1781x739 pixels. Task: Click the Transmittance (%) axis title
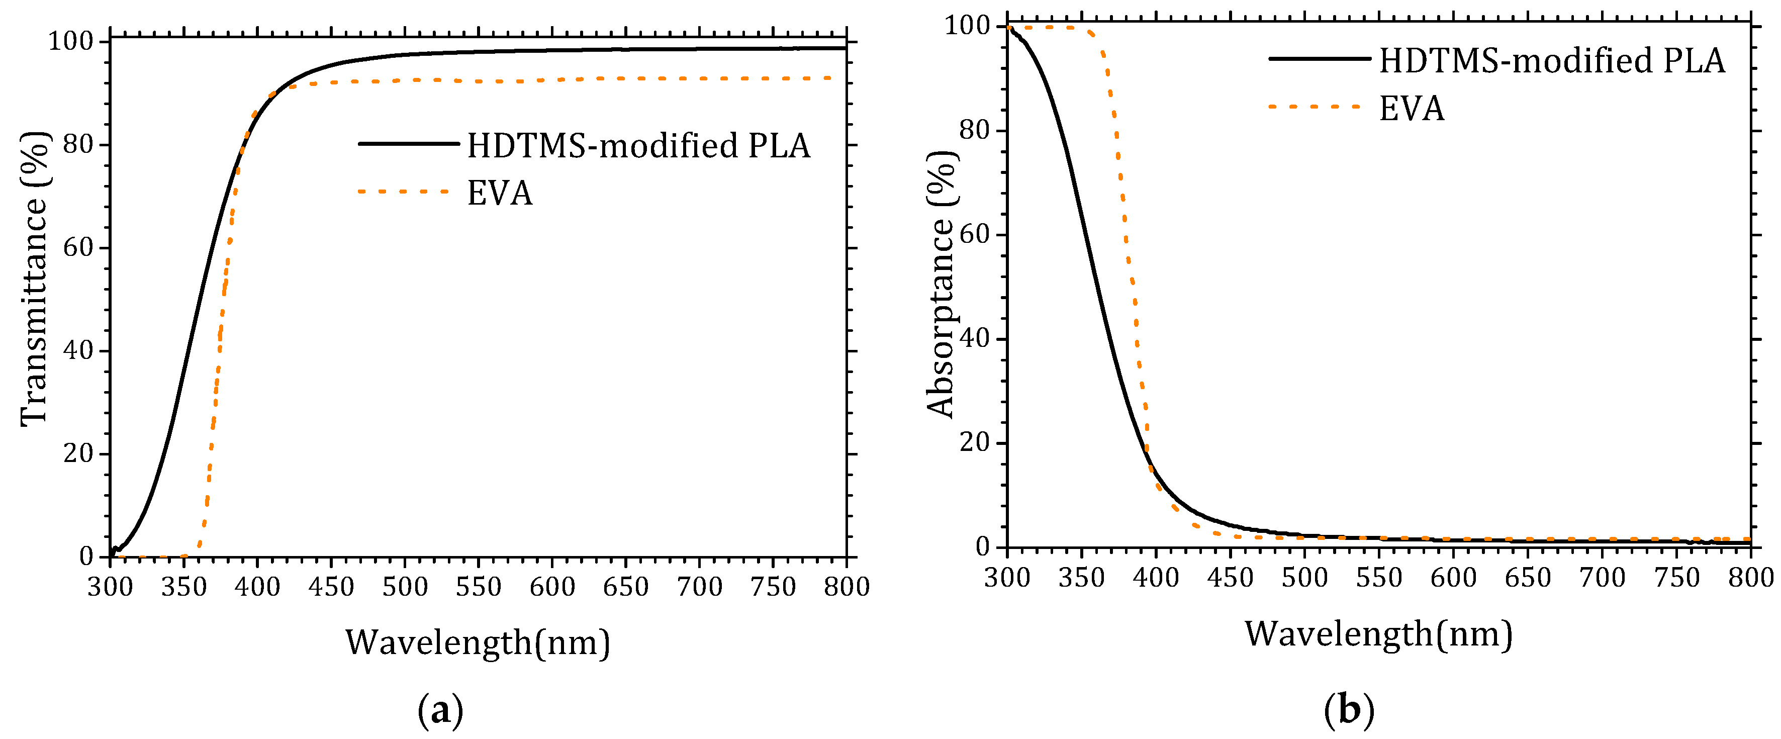pyautogui.click(x=35, y=278)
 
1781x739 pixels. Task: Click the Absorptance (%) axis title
pyautogui.click(x=941, y=284)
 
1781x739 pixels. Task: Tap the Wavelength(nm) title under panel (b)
pyautogui.click(x=1379, y=633)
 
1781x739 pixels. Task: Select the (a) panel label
pyautogui.click(x=440, y=711)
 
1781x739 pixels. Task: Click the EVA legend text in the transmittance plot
pyautogui.click(x=500, y=193)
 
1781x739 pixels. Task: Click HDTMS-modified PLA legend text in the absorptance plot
pyautogui.click(x=1552, y=61)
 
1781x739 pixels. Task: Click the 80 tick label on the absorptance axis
pyautogui.click(x=974, y=130)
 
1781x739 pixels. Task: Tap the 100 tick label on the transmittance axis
pyautogui.click(x=70, y=42)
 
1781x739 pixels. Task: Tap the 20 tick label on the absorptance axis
pyautogui.click(x=974, y=442)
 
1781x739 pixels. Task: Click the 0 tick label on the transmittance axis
pyautogui.click(x=86, y=557)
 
